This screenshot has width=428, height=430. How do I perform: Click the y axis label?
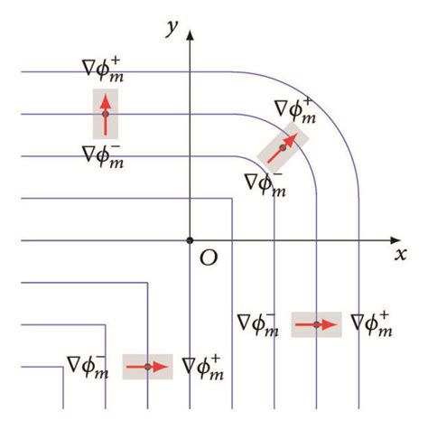(169, 28)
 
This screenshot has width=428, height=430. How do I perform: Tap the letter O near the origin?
(209, 258)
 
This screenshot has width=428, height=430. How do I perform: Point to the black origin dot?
(190, 240)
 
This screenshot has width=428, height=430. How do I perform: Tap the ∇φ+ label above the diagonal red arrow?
(295, 110)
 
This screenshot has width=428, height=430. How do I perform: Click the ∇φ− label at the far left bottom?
(88, 365)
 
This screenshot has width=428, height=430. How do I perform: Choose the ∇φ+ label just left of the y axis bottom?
(203, 365)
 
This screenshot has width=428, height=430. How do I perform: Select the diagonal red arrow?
(282, 145)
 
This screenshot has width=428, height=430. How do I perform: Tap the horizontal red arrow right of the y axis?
(317, 324)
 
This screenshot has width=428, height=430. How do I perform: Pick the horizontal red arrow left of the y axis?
(147, 367)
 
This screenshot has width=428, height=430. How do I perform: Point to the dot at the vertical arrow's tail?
(105, 115)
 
